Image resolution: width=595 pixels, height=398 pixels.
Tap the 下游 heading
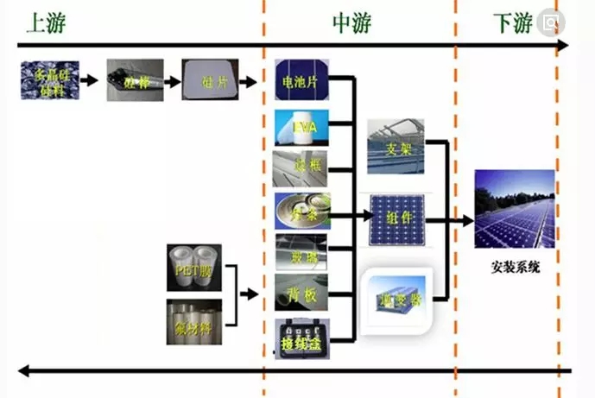pyautogui.click(x=512, y=22)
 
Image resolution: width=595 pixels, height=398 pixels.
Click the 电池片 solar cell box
pyautogui.click(x=301, y=82)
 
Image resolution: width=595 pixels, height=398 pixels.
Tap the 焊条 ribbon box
pyautogui.click(x=301, y=210)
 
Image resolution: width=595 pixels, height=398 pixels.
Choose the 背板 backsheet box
pyautogui.click(x=301, y=295)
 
